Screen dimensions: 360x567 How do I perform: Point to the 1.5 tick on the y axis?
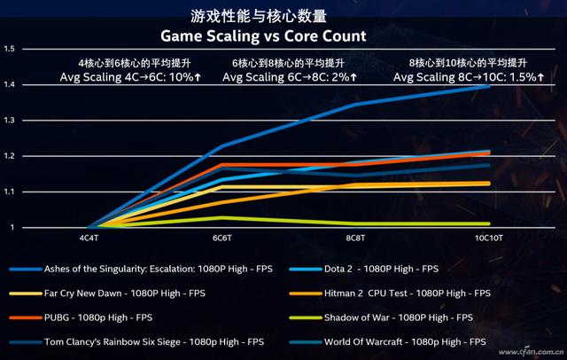coord(10,49)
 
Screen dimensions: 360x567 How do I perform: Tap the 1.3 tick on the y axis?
coord(10,121)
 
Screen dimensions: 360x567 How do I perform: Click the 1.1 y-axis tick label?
coord(10,192)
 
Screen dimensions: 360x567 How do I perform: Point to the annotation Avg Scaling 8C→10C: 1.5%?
coord(475,78)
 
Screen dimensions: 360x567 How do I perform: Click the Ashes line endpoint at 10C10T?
coord(489,86)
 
